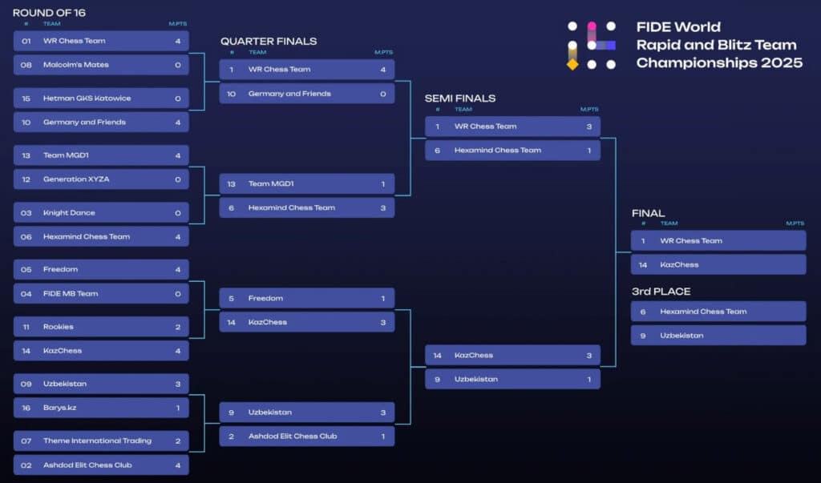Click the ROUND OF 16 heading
(x=49, y=13)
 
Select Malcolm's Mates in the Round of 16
(x=76, y=65)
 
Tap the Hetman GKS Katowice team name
(x=87, y=99)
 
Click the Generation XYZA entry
(x=101, y=179)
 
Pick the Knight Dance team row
(x=101, y=212)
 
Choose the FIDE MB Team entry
(x=101, y=294)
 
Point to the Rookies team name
(x=58, y=327)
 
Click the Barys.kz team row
(x=101, y=408)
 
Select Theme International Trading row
(x=101, y=441)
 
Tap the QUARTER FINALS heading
(x=269, y=42)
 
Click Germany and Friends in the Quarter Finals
(x=307, y=94)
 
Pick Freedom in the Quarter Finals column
(x=307, y=298)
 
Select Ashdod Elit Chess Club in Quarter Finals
(x=307, y=436)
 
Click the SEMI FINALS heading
(x=460, y=99)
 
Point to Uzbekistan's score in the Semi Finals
(x=589, y=380)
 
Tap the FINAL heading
(x=648, y=213)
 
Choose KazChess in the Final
(x=718, y=265)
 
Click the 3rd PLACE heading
(x=661, y=292)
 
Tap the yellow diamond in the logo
(x=572, y=64)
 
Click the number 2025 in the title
(x=782, y=62)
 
